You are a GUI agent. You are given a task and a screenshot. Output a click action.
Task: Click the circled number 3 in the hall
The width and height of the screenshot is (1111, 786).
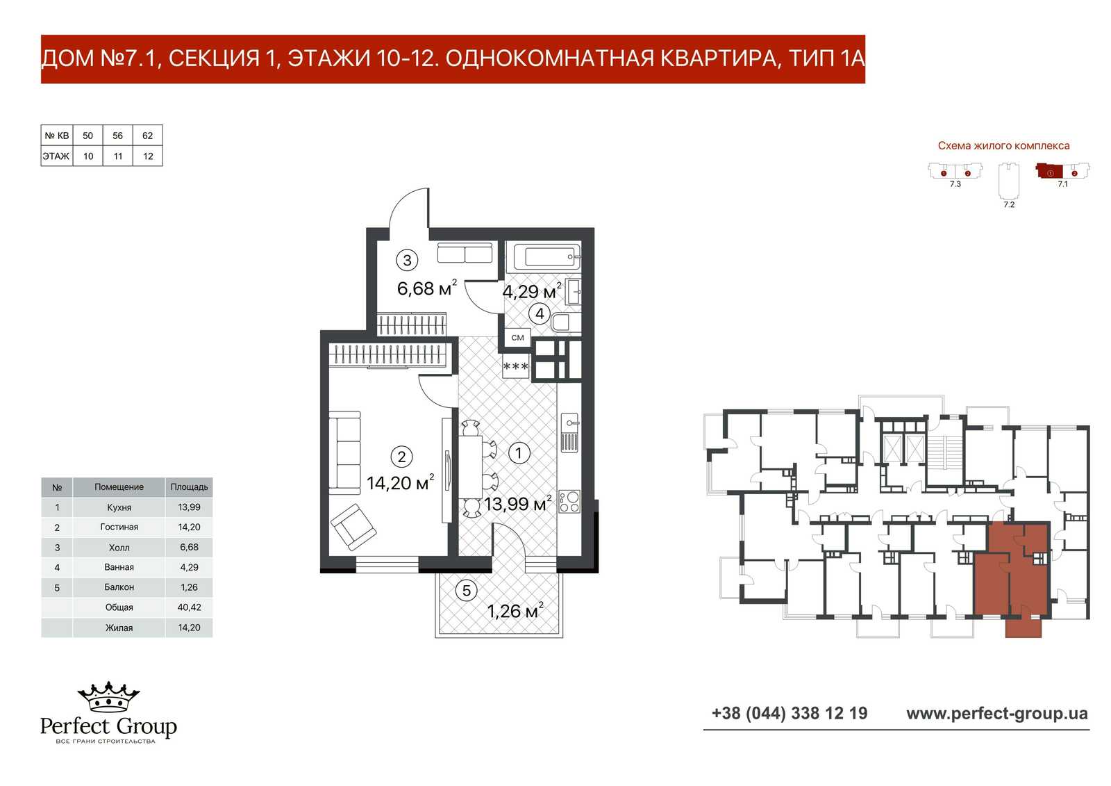point(407,260)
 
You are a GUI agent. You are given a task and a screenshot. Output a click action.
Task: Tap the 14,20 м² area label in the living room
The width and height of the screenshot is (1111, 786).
point(400,482)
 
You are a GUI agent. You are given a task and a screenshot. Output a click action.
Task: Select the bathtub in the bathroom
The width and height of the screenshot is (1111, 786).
point(547,256)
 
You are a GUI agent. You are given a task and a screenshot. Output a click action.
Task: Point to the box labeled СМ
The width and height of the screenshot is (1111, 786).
point(518,338)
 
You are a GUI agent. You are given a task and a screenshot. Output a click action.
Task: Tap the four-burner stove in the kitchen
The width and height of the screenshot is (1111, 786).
point(569,502)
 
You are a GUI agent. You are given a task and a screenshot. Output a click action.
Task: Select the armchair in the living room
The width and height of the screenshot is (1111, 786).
point(353,527)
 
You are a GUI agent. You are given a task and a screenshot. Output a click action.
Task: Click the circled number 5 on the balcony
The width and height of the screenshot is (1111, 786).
point(466,591)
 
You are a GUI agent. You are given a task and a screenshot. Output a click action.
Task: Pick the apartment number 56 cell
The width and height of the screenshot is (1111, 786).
point(117,136)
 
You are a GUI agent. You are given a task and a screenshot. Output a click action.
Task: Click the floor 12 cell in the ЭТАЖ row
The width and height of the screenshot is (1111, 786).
point(148,156)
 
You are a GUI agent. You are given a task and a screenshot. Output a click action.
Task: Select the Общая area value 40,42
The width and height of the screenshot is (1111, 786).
point(189,607)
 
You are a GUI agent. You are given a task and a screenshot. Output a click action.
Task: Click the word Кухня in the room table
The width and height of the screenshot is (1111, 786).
point(119,507)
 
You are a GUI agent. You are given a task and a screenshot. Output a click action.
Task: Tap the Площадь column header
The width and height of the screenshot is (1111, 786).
point(189,487)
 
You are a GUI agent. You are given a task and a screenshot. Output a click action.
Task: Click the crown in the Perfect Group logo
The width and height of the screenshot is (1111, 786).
point(108,696)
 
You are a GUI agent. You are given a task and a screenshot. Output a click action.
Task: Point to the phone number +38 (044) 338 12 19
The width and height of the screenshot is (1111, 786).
point(790,714)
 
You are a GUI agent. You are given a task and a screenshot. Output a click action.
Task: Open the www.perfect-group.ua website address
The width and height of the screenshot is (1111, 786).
point(997,714)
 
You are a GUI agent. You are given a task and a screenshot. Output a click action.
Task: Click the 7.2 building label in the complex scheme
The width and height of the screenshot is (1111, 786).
point(1009,204)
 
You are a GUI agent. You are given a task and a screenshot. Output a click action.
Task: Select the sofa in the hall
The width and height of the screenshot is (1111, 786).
point(465,253)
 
